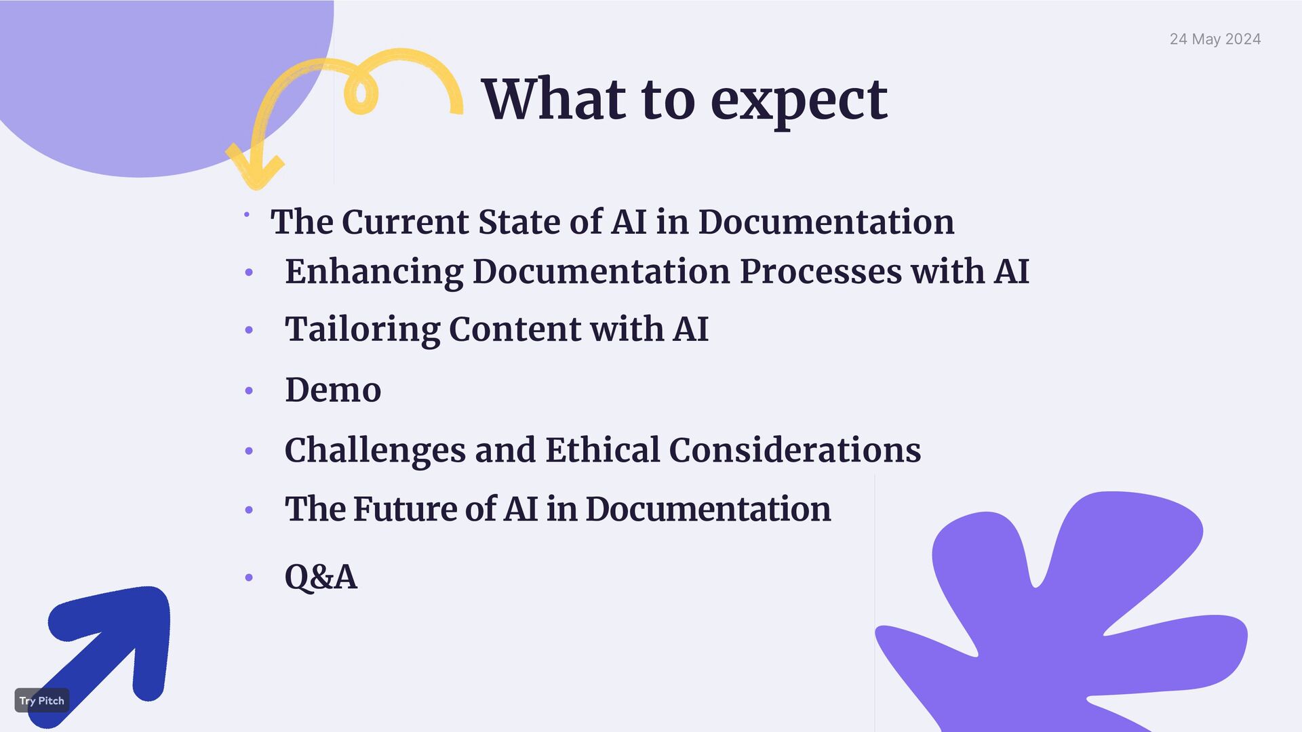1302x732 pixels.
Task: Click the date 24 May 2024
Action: [1215, 39]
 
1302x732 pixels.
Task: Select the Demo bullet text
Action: [333, 390]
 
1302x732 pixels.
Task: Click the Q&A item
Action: [321, 577]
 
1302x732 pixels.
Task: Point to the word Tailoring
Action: [362, 329]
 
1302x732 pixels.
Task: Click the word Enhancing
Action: [374, 272]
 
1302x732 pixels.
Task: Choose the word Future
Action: [404, 509]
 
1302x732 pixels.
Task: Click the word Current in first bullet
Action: [405, 222]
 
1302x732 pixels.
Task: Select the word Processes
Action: [820, 272]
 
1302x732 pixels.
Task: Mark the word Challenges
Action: [374, 451]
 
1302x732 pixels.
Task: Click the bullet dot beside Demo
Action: [249, 391]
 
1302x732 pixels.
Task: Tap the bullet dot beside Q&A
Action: [249, 577]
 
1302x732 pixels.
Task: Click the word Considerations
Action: [795, 450]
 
